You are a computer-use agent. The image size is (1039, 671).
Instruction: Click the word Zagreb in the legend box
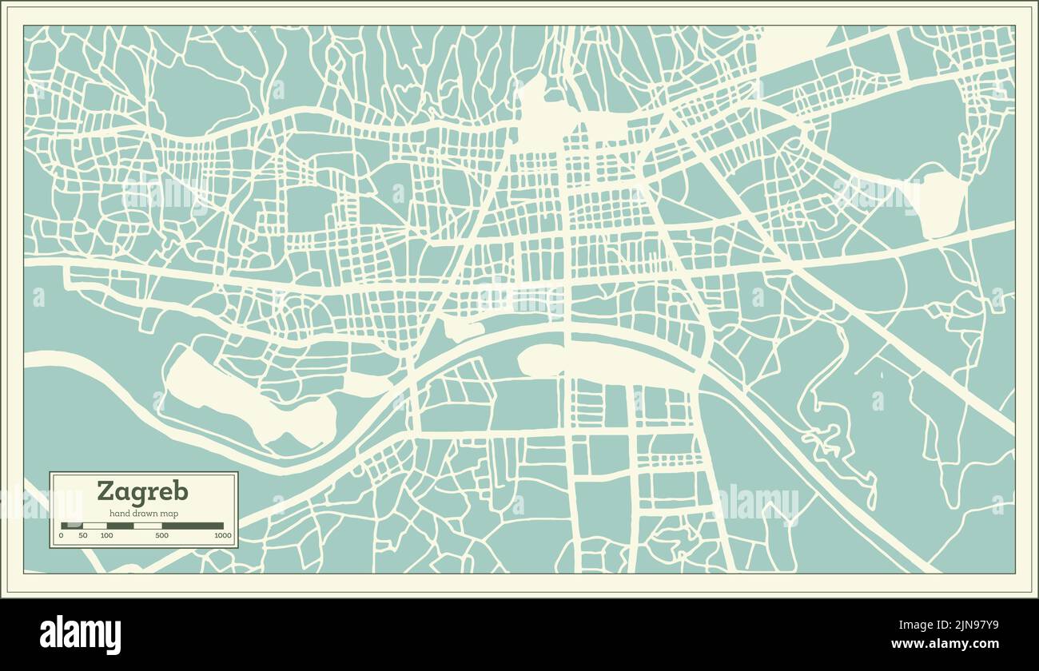pyautogui.click(x=143, y=490)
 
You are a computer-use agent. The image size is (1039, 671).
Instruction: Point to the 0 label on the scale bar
pyautogui.click(x=62, y=535)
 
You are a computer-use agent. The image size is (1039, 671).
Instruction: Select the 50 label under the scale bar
pyautogui.click(x=83, y=535)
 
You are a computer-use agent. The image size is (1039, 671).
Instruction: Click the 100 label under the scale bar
pyautogui.click(x=106, y=535)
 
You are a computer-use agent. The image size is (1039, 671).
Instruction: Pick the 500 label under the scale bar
pyautogui.click(x=161, y=535)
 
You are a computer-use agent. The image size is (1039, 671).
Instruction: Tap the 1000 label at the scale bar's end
pyautogui.click(x=222, y=535)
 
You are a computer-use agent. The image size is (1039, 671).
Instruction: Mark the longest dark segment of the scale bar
pyautogui.click(x=193, y=526)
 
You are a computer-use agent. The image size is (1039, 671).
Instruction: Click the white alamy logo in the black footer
pyautogui.click(x=80, y=634)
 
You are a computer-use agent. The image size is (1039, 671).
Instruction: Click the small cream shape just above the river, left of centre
pyautogui.click(x=462, y=328)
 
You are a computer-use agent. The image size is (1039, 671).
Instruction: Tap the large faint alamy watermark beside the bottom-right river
pyautogui.click(x=757, y=503)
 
